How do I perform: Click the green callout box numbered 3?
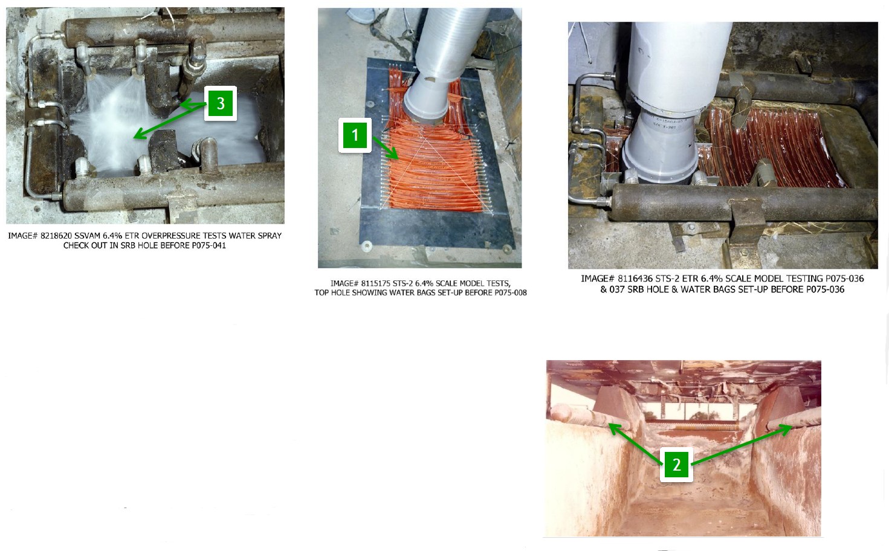221,103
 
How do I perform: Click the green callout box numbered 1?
355,135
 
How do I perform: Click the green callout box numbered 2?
677,465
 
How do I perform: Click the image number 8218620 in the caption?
56,236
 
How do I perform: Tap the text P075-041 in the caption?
209,245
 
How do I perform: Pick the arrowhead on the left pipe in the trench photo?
613,428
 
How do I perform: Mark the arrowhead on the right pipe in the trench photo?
788,428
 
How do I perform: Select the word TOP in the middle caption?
322,293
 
